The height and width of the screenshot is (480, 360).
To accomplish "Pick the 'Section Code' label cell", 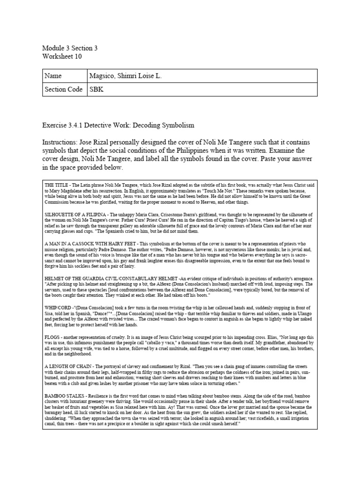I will pyautogui.click(x=63, y=89).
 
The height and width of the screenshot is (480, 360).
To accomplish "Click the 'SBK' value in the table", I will pyautogui.click(x=97, y=89).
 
